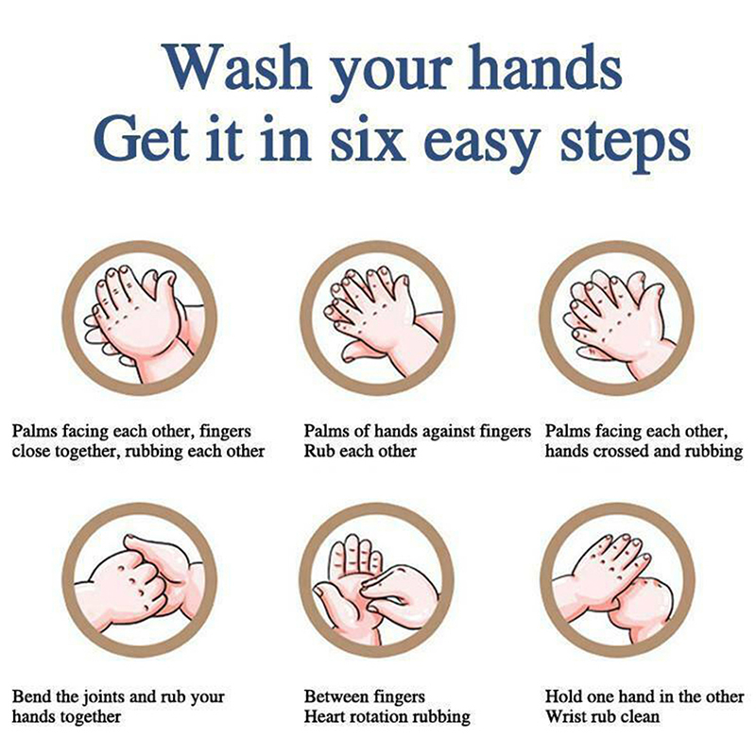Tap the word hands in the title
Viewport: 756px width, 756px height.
[x=545, y=66]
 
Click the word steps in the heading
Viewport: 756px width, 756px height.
[x=626, y=144]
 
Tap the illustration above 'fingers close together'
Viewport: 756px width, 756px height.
[x=139, y=318]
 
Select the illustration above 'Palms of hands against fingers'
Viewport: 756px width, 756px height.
[x=377, y=318]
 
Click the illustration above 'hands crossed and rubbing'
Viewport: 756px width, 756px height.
[x=617, y=318]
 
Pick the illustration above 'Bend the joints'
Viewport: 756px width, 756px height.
[x=139, y=580]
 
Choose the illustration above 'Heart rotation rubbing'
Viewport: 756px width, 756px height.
[x=377, y=580]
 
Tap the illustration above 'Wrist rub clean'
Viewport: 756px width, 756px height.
[x=618, y=580]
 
